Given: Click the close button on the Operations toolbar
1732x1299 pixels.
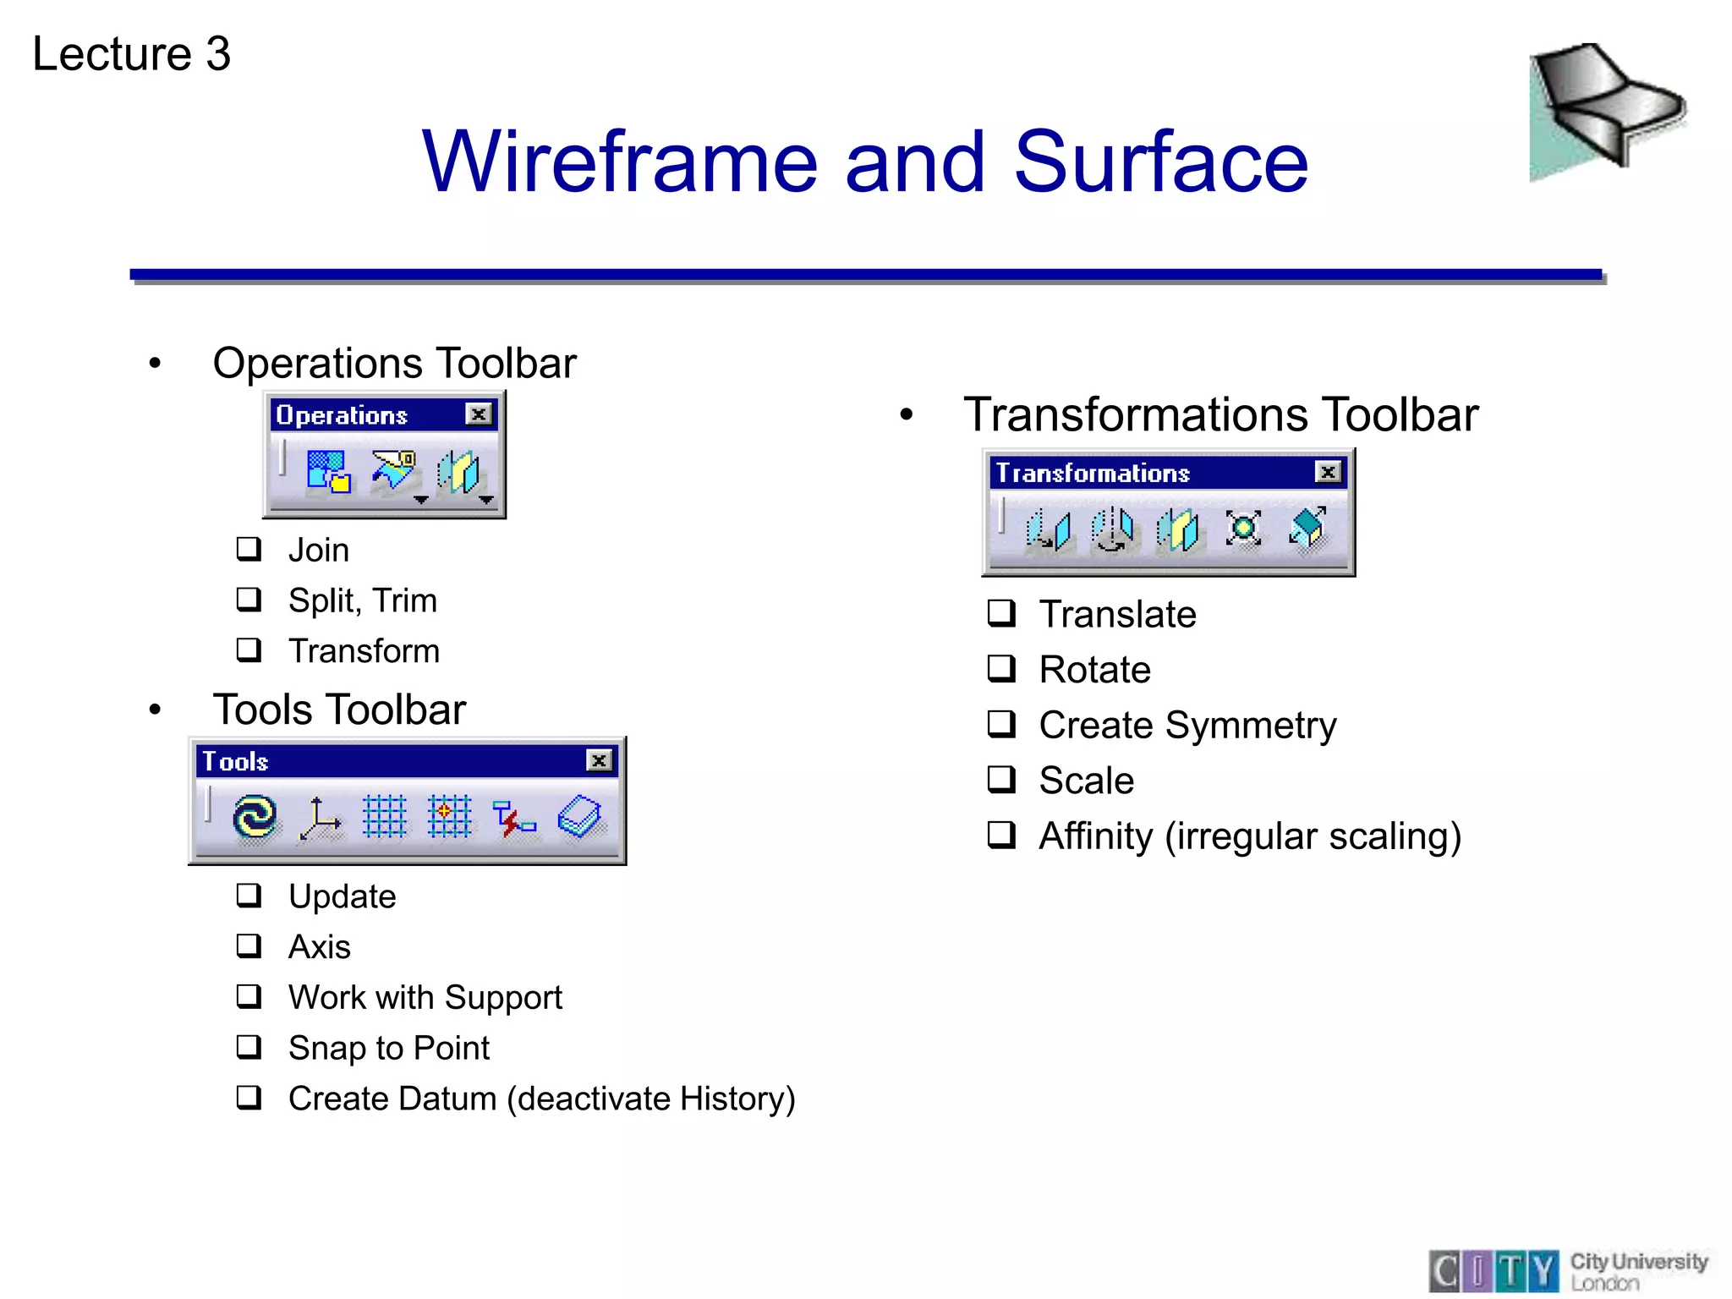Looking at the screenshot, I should coord(479,414).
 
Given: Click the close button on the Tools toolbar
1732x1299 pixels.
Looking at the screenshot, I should coord(599,760).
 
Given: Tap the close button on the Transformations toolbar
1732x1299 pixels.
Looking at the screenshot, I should coord(1329,472).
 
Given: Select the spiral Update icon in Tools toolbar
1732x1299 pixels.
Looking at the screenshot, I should coord(255,817).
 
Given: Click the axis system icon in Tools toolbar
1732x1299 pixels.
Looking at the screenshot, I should coord(320,818).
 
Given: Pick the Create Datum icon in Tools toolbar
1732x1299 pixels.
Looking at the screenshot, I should coord(579,817).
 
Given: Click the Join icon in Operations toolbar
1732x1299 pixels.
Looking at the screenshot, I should coord(328,472).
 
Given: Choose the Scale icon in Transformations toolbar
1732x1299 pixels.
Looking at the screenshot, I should coord(1243,529).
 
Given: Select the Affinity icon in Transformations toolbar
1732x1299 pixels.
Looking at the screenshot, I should coord(1307,529).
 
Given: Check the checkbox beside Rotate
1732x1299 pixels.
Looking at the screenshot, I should coord(1001,669).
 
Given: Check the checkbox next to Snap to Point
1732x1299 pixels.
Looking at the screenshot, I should coord(249,1047).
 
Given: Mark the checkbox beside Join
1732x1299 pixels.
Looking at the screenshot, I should coord(249,549).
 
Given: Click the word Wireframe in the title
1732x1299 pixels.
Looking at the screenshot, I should coord(619,162).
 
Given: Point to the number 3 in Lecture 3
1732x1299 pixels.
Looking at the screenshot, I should coord(218,54).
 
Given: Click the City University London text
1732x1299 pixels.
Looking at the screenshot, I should coord(1637,1271).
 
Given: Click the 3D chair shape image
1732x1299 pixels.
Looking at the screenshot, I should coord(1607,110).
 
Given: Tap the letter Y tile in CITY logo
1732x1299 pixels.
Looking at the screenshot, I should coord(1543,1271).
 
